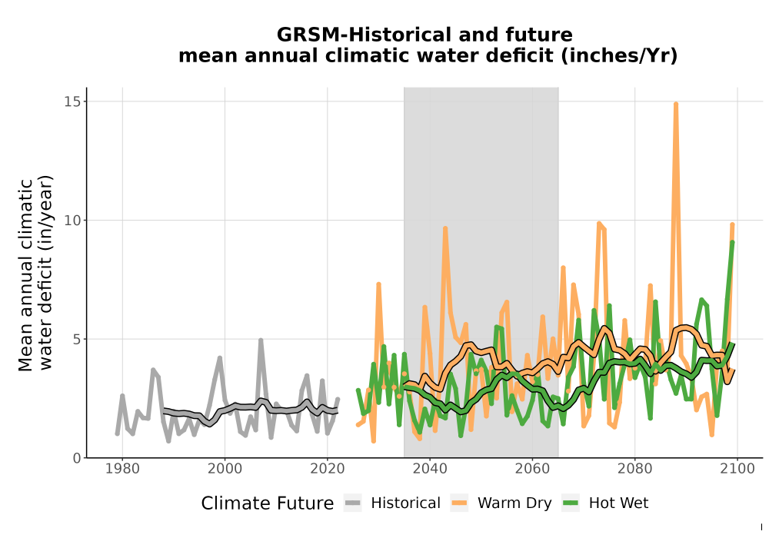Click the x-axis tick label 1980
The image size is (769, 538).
(122, 469)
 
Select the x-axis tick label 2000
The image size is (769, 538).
(225, 469)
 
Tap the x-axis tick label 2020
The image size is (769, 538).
(327, 469)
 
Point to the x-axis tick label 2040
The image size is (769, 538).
(430, 469)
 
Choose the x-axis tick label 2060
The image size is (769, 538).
(532, 469)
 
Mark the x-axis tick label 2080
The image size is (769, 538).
(634, 469)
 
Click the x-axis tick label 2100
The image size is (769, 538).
(737, 469)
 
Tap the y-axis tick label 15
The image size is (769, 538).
(72, 101)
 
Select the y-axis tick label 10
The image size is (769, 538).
(72, 221)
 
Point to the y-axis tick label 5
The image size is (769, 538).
(77, 339)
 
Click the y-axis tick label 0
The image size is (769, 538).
(77, 458)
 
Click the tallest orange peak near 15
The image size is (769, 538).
(676, 105)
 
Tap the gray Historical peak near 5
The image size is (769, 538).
(261, 340)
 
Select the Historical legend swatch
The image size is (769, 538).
(353, 503)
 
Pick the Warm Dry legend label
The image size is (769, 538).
(514, 503)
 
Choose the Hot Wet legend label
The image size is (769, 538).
(618, 503)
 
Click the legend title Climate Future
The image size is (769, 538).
(268, 503)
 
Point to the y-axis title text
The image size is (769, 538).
(35, 274)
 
